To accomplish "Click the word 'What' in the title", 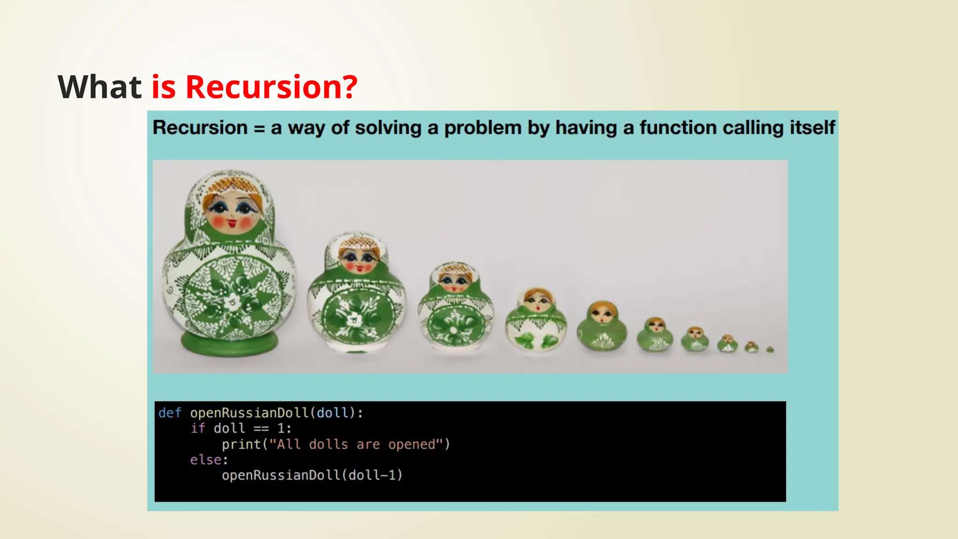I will tap(99, 87).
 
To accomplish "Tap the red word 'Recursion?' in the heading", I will tap(271, 87).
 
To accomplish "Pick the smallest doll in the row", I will tap(770, 349).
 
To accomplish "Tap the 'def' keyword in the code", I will tap(169, 413).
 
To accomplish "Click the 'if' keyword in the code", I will tap(198, 429).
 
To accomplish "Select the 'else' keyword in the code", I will tap(206, 460).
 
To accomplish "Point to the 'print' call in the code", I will tap(241, 444).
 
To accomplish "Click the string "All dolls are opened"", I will tap(356, 444).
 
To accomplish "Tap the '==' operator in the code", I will tap(261, 429).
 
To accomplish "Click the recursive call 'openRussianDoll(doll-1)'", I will tap(312, 475).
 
